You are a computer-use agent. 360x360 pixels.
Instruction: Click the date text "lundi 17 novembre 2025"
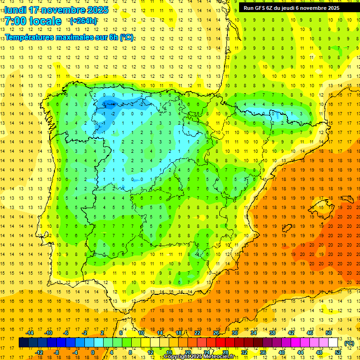click(x=56, y=10)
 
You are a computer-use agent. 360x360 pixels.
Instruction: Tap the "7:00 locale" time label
click(x=33, y=21)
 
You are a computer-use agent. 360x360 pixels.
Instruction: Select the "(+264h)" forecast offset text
click(x=83, y=21)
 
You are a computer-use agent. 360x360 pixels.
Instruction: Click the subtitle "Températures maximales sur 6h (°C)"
click(x=69, y=37)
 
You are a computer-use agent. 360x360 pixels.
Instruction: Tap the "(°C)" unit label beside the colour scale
click(x=349, y=343)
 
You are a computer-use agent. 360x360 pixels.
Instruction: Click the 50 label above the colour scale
click(x=329, y=333)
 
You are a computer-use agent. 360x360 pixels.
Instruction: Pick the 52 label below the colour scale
click(x=338, y=352)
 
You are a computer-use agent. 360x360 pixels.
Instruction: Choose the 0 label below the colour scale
click(x=93, y=352)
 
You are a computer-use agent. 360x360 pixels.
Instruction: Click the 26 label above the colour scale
click(x=216, y=333)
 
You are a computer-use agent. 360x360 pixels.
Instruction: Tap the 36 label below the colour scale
click(x=263, y=352)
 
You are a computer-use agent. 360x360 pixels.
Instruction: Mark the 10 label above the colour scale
click(x=141, y=333)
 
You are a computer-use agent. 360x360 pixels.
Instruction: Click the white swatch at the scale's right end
click(x=333, y=343)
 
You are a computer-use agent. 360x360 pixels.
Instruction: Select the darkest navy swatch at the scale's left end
click(x=23, y=343)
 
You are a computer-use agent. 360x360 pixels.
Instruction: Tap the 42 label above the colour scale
click(x=291, y=333)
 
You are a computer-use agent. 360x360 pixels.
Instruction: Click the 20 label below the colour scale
click(x=188, y=352)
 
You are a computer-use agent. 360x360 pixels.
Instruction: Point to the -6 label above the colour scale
click(x=67, y=333)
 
